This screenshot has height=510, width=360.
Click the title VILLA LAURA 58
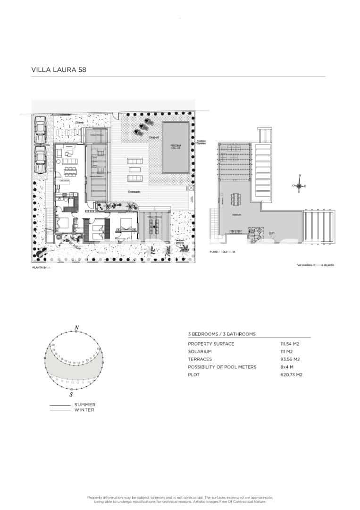(x=59, y=69)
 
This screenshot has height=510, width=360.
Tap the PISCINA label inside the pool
(x=176, y=146)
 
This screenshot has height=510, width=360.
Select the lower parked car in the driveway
(x=41, y=159)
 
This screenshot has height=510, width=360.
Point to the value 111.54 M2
(x=290, y=344)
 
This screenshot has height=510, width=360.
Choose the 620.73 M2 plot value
(x=291, y=375)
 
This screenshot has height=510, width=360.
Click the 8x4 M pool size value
(x=287, y=367)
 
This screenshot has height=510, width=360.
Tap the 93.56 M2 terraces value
(x=290, y=359)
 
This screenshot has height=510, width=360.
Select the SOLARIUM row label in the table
(x=200, y=352)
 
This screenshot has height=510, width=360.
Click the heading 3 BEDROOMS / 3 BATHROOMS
(x=222, y=334)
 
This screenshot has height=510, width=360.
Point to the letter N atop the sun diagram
(x=76, y=327)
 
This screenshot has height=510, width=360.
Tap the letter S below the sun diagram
(x=71, y=394)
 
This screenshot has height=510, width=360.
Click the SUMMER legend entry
(x=85, y=405)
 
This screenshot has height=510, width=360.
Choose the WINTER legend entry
(x=84, y=410)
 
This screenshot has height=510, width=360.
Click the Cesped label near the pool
(x=153, y=138)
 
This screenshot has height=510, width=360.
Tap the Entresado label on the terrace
(x=134, y=192)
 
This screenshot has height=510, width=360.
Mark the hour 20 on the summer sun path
(x=54, y=345)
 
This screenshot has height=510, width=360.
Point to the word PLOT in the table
(x=193, y=375)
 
